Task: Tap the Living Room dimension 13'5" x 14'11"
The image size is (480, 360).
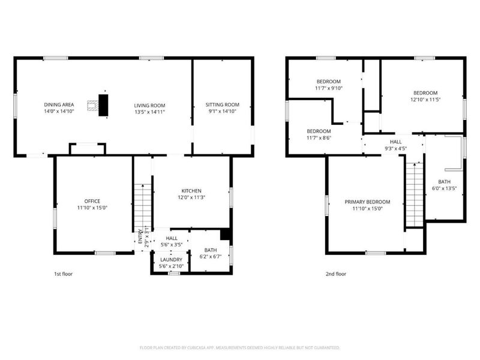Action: (149, 112)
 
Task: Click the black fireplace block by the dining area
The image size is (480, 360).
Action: (104, 105)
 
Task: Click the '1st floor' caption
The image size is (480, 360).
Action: (64, 274)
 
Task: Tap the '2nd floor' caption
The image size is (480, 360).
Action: (336, 274)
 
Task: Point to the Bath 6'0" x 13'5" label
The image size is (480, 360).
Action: (444, 185)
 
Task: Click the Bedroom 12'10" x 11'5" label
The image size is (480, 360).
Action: (425, 97)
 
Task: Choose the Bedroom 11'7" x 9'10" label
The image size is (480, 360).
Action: (329, 85)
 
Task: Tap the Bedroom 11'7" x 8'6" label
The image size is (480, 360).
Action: (319, 134)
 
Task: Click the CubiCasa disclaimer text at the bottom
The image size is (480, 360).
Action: (240, 347)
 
